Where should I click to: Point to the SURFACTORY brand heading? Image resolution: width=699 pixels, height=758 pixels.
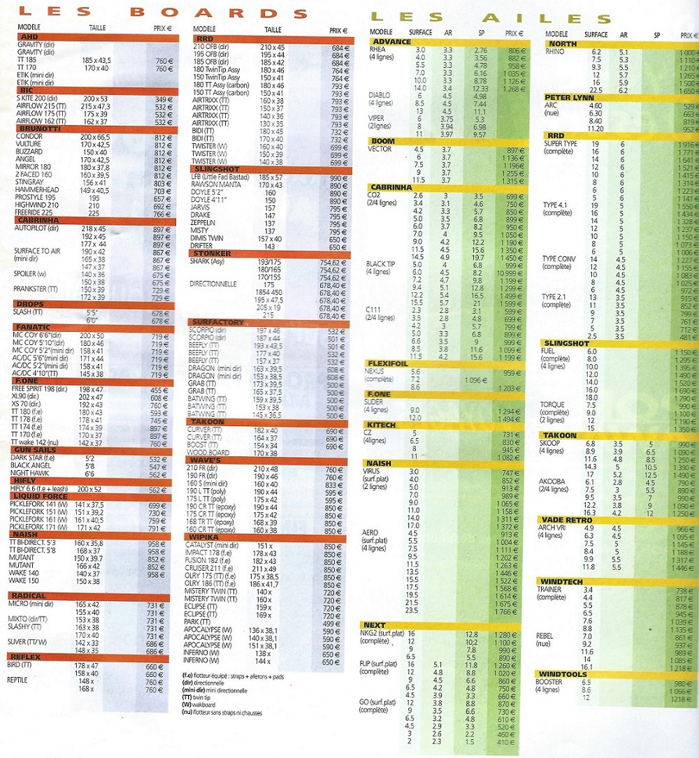point(217,321)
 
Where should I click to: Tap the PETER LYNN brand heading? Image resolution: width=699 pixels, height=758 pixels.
point(570,97)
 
